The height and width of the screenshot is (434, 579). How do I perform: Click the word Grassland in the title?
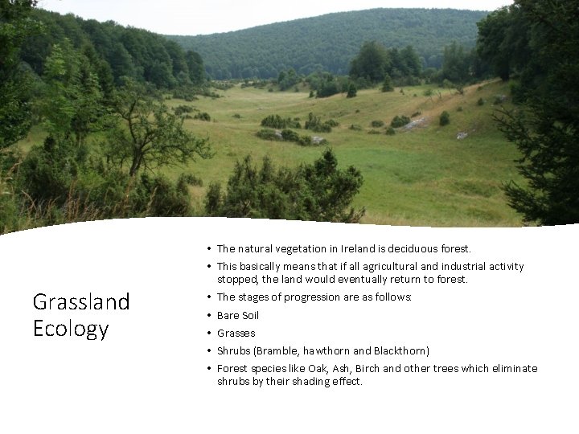pos(80,302)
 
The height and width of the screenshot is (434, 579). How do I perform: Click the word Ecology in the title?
pos(71,329)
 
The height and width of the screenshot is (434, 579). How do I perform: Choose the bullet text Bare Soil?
pos(238,315)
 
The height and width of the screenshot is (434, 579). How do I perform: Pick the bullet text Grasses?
pos(236,333)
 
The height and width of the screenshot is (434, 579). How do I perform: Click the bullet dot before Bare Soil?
pos(207,315)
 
